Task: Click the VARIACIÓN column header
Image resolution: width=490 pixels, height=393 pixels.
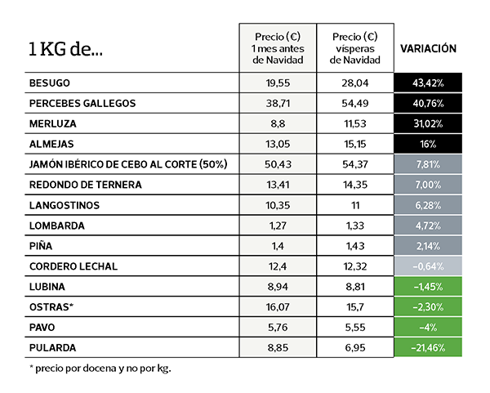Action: (x=428, y=49)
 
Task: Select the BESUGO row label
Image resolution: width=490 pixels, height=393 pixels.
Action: (x=50, y=83)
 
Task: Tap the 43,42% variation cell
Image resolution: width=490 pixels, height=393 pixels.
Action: (x=428, y=83)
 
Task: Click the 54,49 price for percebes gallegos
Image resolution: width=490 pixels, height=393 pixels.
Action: (x=355, y=104)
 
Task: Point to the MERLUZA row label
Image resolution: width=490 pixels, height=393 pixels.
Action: (x=53, y=124)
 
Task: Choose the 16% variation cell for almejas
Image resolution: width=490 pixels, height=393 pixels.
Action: (x=428, y=145)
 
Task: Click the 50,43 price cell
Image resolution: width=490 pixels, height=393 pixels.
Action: (x=278, y=164)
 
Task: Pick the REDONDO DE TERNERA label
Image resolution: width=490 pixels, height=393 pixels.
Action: (x=85, y=185)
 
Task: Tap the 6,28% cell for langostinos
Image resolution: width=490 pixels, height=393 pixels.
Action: (x=428, y=205)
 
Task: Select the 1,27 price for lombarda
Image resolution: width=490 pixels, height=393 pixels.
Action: (x=278, y=226)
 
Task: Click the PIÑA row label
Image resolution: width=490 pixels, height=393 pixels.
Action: (x=42, y=246)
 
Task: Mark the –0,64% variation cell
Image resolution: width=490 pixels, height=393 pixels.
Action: (x=428, y=266)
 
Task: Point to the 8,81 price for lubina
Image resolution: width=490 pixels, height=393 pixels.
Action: (x=355, y=287)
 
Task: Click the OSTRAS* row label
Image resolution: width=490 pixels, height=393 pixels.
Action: (x=51, y=307)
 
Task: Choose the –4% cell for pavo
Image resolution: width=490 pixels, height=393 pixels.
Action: (x=428, y=328)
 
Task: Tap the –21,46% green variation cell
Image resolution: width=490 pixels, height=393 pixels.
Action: (x=428, y=348)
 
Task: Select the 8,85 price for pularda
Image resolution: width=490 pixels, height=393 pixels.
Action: (x=278, y=348)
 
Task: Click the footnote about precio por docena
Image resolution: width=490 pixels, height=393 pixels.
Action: (x=100, y=368)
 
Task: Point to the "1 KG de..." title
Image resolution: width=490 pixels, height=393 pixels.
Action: (x=65, y=50)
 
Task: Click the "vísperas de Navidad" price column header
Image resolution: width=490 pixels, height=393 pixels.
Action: (x=355, y=48)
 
